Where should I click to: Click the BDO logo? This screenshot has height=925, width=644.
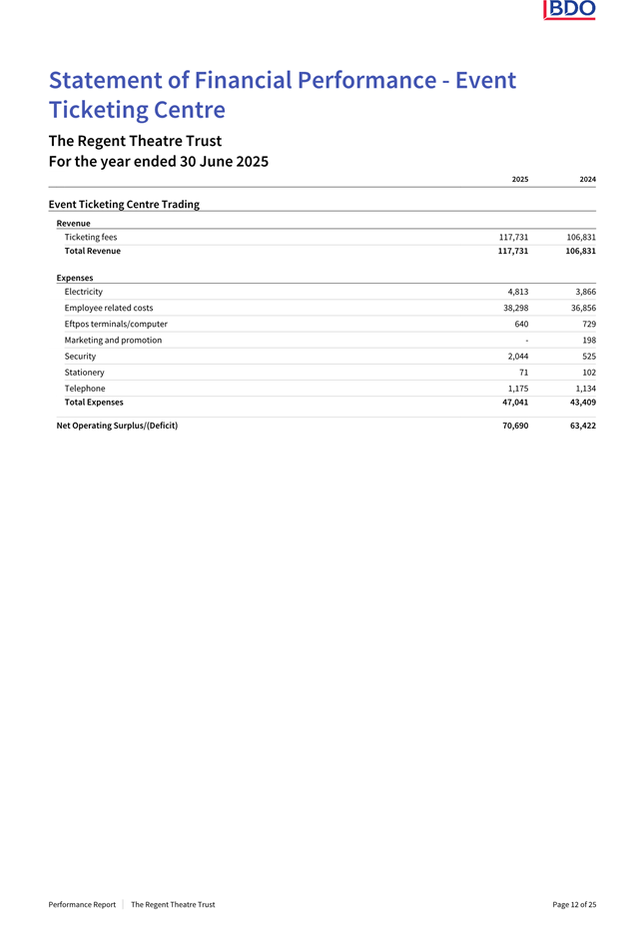click(x=570, y=10)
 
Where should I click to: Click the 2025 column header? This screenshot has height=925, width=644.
click(x=519, y=179)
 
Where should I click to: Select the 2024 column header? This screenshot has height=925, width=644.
click(x=587, y=179)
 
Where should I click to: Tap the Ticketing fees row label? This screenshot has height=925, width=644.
click(x=91, y=237)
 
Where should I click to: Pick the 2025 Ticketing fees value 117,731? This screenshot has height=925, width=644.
click(x=513, y=237)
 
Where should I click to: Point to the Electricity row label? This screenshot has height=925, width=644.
click(x=83, y=292)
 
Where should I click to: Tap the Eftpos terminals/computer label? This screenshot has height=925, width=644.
click(x=116, y=324)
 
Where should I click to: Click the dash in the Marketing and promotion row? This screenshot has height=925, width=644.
click(x=526, y=340)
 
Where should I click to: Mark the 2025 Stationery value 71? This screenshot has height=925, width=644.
click(x=522, y=372)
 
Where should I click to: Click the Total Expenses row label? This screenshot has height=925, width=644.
click(x=94, y=402)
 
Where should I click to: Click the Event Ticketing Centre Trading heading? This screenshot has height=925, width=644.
click(x=124, y=204)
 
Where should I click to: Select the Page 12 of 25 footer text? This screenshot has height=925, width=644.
click(x=574, y=904)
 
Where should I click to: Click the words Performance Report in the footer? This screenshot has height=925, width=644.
click(x=82, y=904)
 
